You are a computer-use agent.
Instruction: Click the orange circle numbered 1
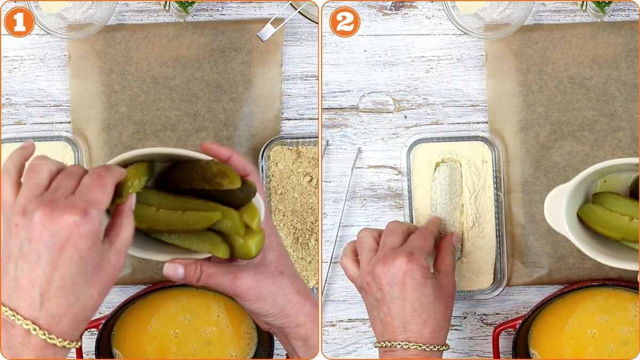(19, 22)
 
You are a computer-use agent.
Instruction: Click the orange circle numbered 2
(345, 22)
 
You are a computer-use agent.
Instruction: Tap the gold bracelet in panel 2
(411, 346)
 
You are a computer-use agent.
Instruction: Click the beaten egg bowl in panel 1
(184, 323)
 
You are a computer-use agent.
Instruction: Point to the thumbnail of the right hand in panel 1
(173, 271)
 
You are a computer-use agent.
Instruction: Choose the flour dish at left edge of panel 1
(40, 151)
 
